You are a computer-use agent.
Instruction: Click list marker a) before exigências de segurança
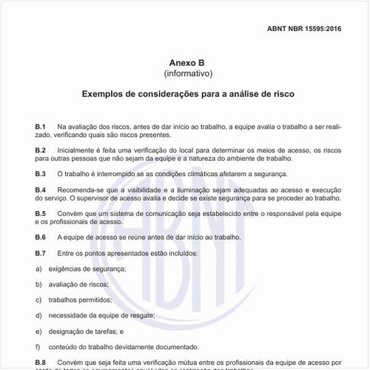(x=38, y=269)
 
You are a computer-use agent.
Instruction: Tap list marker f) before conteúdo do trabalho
(x=38, y=346)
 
